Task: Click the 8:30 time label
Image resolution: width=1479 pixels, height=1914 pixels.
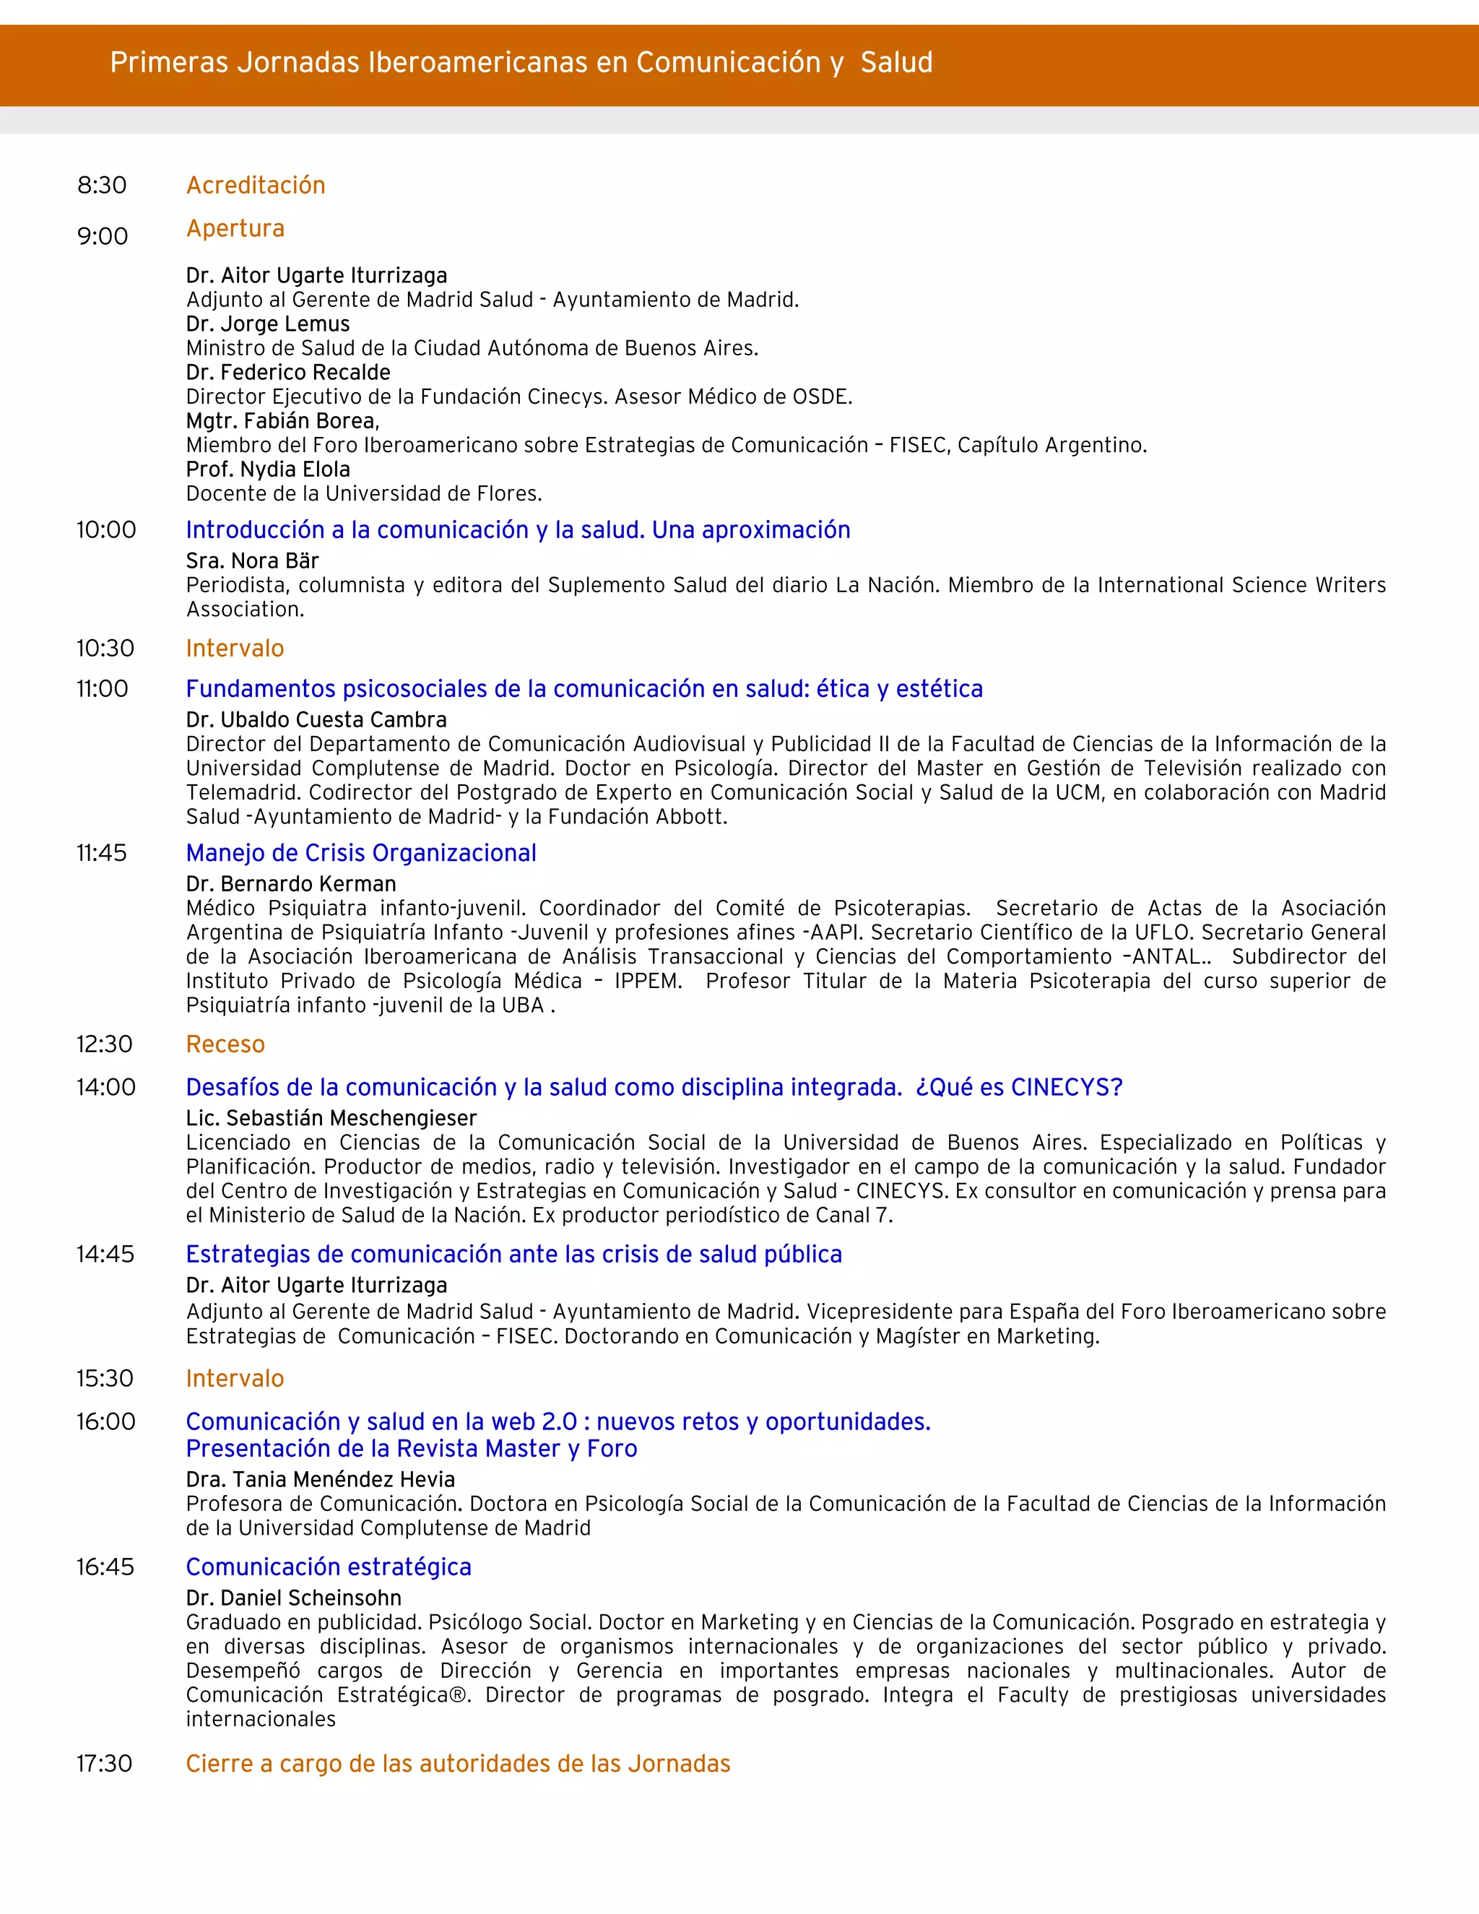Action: (x=102, y=185)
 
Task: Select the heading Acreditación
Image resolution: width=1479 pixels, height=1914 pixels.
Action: (x=256, y=185)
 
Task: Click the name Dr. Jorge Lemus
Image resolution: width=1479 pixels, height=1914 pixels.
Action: (x=267, y=324)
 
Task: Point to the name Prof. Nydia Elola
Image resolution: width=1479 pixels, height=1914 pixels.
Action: (x=267, y=469)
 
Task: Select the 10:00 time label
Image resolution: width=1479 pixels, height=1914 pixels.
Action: (x=106, y=529)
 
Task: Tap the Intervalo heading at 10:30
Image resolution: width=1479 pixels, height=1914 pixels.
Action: (x=235, y=648)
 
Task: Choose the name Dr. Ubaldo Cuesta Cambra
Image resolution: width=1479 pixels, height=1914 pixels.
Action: (x=316, y=719)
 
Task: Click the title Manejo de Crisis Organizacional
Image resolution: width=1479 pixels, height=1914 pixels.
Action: (x=361, y=853)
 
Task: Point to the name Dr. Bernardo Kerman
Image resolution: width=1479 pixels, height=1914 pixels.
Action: (x=291, y=883)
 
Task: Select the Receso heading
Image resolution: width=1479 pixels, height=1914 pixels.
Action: (x=225, y=1044)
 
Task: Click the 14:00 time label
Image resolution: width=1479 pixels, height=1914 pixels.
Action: (x=106, y=1087)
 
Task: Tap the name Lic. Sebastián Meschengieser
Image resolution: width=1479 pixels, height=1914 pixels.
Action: (x=331, y=1117)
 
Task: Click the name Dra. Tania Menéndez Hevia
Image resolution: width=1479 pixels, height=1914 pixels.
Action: (x=320, y=1479)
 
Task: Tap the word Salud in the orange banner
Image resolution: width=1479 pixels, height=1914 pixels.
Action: (x=896, y=62)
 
